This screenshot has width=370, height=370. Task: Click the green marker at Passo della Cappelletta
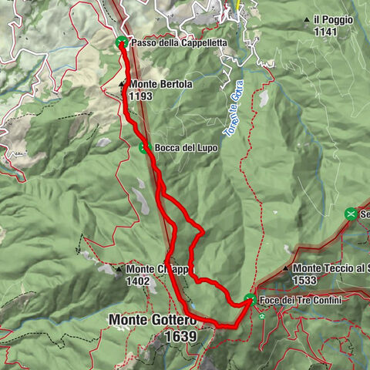[121, 44]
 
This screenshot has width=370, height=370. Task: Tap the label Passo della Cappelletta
[179, 44]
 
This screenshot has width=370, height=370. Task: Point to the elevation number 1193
[141, 96]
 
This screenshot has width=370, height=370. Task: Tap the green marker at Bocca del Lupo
[144, 147]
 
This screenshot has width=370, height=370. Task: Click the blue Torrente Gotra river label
[234, 116]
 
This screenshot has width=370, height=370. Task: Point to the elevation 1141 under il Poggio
[326, 32]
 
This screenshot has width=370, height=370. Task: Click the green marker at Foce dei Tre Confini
[250, 299]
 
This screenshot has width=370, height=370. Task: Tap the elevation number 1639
[180, 336]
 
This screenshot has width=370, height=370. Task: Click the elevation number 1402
[139, 281]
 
